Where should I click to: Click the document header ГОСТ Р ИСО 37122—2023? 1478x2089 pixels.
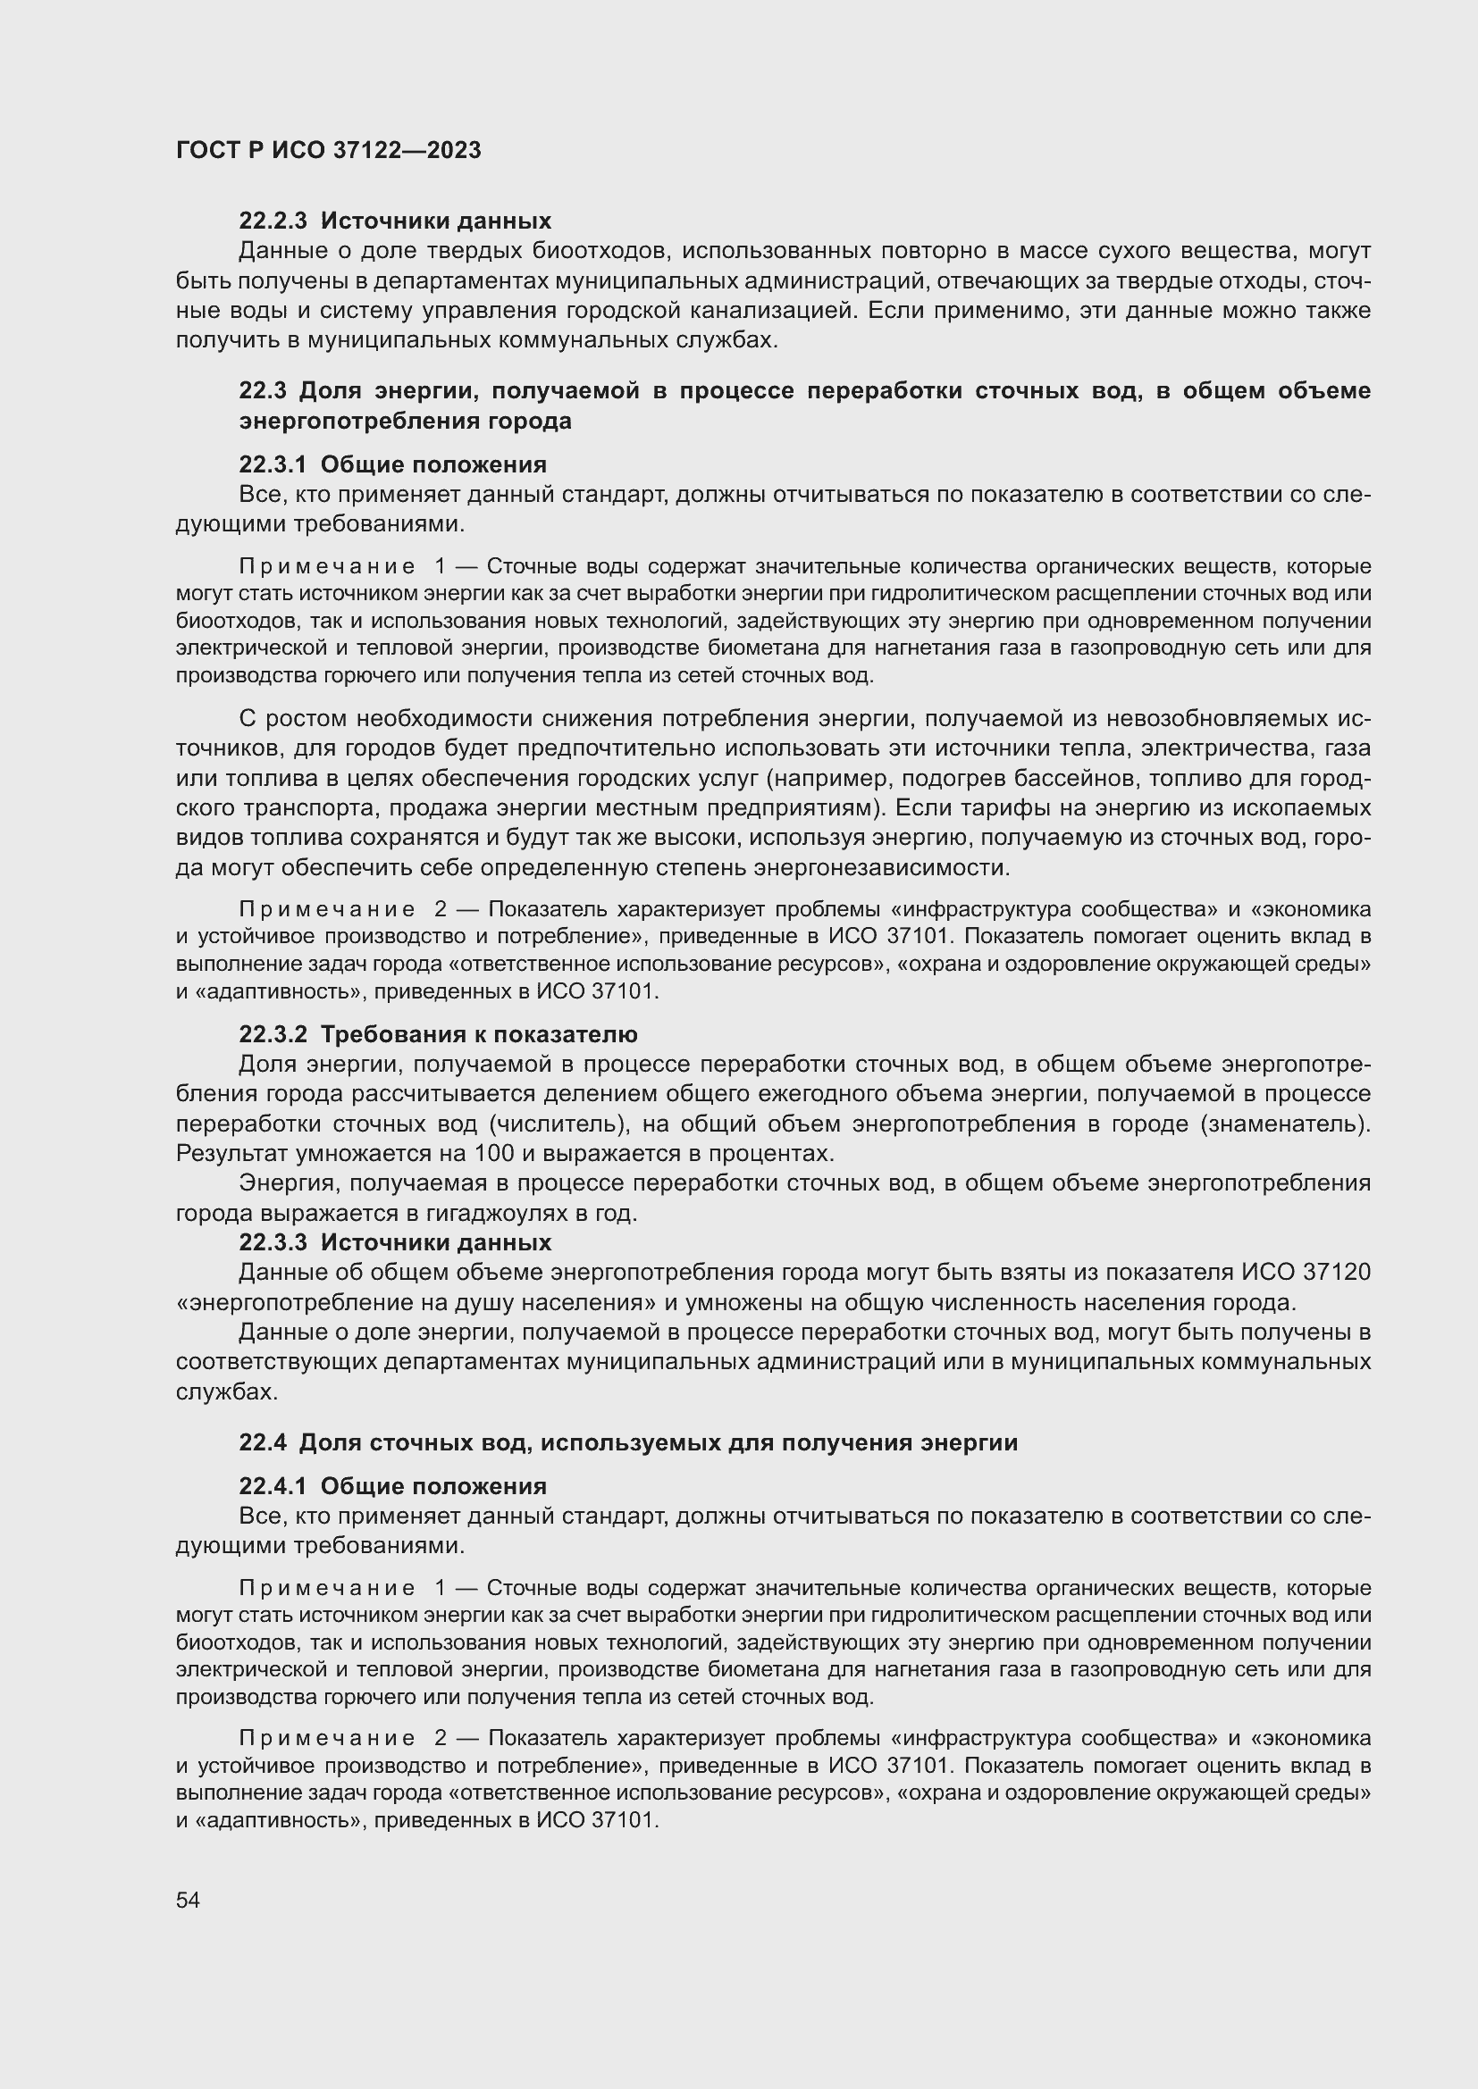[x=329, y=151]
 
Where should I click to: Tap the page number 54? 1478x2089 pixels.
[x=188, y=1900]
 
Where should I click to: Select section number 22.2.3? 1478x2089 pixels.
[x=273, y=221]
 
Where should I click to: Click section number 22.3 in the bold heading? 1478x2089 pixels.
[x=263, y=391]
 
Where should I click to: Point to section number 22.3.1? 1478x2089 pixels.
[x=273, y=465]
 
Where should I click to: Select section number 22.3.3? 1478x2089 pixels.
[x=273, y=1243]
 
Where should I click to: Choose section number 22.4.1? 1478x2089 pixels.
[x=273, y=1487]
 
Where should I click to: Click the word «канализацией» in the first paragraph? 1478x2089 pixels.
[x=770, y=311]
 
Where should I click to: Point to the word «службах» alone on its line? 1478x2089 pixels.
[x=227, y=1393]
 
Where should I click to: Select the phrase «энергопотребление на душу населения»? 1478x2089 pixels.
[x=416, y=1303]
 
